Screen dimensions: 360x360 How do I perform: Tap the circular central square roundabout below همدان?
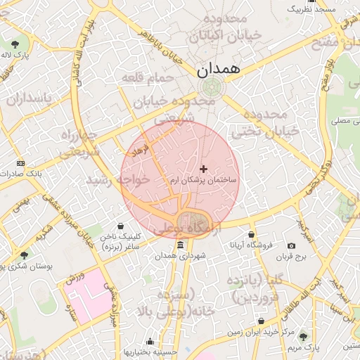(210, 88)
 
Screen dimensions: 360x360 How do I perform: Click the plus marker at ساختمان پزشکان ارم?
(204, 169)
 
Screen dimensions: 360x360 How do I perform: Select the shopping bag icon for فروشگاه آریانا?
(251, 235)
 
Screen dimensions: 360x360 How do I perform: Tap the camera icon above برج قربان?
(291, 245)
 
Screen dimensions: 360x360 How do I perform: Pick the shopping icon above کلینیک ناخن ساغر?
(122, 227)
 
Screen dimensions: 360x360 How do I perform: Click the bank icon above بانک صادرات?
(20, 162)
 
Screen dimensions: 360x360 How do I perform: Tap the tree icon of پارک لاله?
(15, 43)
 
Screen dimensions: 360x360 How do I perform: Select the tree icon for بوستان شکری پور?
(25, 255)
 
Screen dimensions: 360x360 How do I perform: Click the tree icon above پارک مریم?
(303, 336)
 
